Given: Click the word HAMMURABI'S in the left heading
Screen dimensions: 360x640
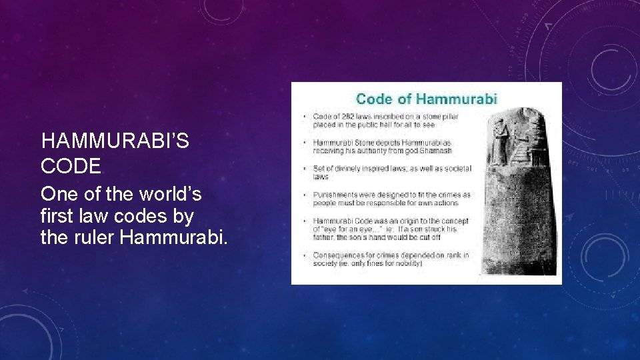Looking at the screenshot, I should tap(115, 141).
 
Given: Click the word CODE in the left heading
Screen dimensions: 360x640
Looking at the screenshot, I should tap(71, 165).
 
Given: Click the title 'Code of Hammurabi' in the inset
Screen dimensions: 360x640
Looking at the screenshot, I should tap(427, 99).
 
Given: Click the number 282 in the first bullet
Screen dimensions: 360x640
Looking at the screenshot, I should tap(344, 117).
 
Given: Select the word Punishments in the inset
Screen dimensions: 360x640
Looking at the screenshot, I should tap(333, 195).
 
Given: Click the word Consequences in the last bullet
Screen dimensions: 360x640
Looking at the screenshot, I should tap(337, 255).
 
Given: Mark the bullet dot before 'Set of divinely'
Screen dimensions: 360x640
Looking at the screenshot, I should tap(305, 169).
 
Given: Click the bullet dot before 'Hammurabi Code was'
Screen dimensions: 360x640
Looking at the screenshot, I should tap(305, 221).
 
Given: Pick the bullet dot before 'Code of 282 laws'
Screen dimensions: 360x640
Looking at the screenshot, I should tap(305, 117).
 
